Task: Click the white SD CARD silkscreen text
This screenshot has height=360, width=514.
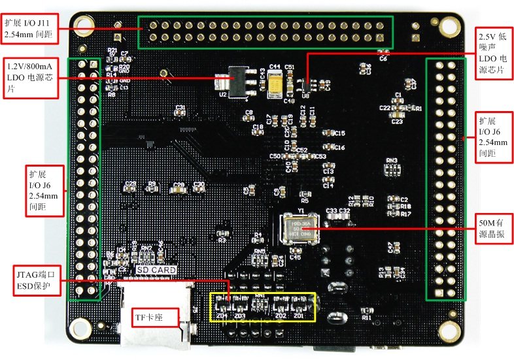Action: click(x=155, y=269)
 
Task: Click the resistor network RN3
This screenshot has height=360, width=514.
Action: click(x=392, y=170)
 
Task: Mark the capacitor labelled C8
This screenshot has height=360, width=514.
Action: click(x=248, y=119)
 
